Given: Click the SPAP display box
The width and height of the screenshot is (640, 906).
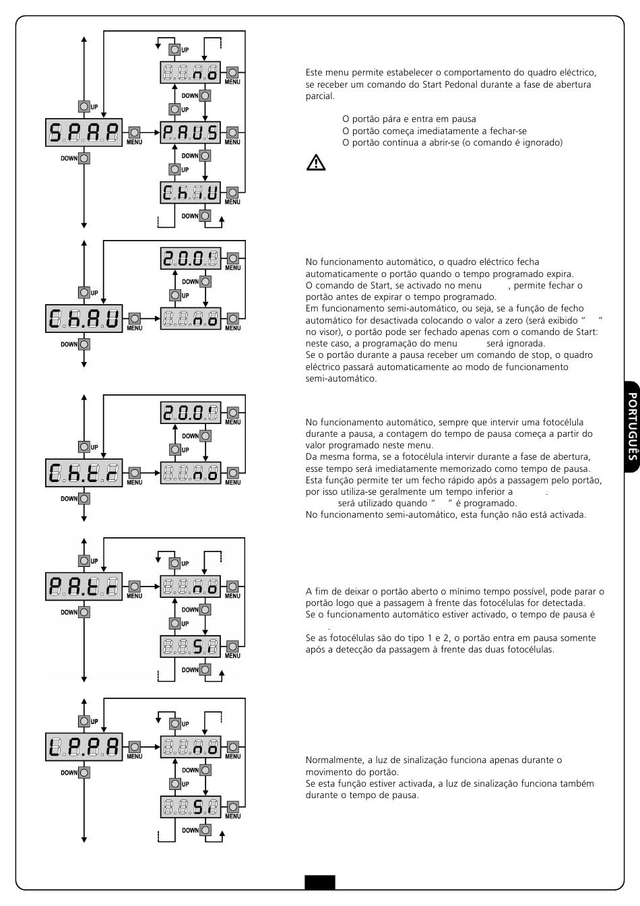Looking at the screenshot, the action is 84,132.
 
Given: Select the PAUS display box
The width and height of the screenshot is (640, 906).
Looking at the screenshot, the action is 191,132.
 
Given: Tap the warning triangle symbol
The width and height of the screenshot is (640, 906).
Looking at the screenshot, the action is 316,162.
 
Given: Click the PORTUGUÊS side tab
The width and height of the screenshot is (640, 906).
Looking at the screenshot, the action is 632,426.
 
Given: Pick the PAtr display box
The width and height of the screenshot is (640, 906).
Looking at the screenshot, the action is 84,586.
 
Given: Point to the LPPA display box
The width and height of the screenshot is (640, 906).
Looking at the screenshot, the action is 84,747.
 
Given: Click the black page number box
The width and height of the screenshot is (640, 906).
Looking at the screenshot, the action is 320,882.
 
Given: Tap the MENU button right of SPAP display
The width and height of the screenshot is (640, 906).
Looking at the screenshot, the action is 134,132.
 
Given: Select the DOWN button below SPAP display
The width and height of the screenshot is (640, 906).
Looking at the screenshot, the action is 84,158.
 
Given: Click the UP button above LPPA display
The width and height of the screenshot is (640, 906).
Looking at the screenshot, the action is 84,721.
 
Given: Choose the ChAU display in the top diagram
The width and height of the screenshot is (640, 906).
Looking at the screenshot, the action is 191,193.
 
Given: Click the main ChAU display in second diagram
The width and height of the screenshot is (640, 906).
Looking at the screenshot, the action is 84,318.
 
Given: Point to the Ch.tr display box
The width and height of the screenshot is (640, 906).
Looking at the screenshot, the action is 84,473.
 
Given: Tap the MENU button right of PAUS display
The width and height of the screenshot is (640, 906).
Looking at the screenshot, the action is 232,132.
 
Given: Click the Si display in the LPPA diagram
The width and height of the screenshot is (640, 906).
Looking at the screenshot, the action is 191,807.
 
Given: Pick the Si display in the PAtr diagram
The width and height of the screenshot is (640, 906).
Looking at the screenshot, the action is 191,646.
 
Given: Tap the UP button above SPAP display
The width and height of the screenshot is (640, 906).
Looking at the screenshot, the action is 84,107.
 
